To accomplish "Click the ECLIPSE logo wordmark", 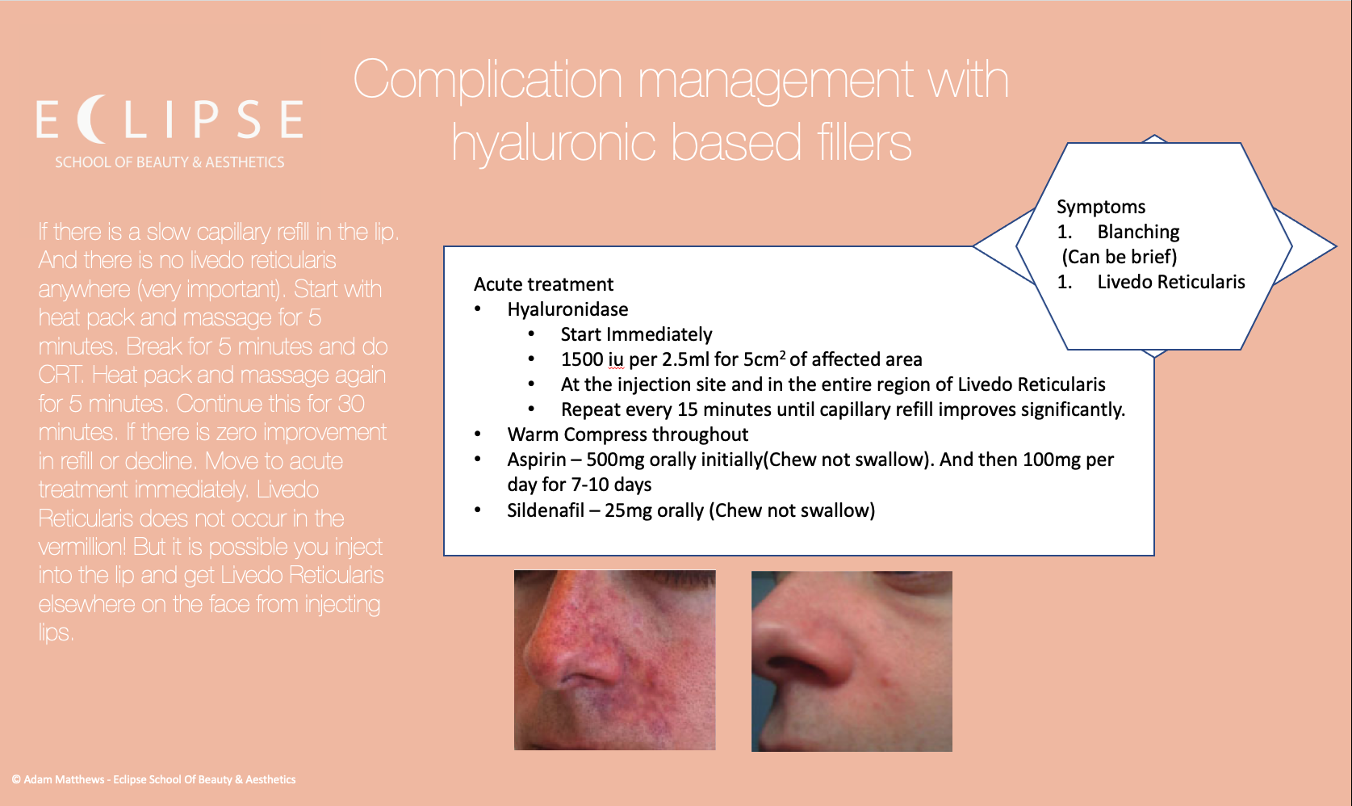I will pyautogui.click(x=170, y=120).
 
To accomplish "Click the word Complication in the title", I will pyautogui.click(x=488, y=81).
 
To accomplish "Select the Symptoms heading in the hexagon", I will pyautogui.click(x=1101, y=207).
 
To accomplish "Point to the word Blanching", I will pyautogui.click(x=1138, y=232).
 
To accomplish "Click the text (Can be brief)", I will pyautogui.click(x=1119, y=257).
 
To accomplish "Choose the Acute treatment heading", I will pyautogui.click(x=543, y=284).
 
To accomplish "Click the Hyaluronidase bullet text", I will pyautogui.click(x=567, y=309).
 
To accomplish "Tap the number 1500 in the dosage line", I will pyautogui.click(x=582, y=359).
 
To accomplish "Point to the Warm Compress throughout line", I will pyautogui.click(x=627, y=434).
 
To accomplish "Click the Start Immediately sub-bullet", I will pyautogui.click(x=636, y=334).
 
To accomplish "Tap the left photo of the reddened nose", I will pyautogui.click(x=614, y=660).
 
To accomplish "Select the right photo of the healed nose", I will pyautogui.click(x=852, y=661).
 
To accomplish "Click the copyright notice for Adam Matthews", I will pyautogui.click(x=153, y=779).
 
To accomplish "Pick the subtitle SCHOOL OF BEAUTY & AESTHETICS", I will pyautogui.click(x=170, y=162).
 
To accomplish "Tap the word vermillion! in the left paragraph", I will pyautogui.click(x=82, y=548).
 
